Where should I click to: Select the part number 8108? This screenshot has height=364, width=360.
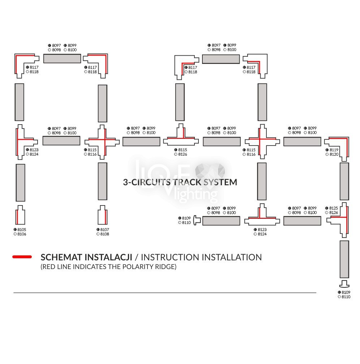(x=104, y=234)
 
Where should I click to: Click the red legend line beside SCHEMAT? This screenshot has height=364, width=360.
(x=22, y=257)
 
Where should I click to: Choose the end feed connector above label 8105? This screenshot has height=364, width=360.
(x=20, y=216)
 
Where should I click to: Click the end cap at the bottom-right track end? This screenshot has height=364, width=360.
(x=344, y=283)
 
